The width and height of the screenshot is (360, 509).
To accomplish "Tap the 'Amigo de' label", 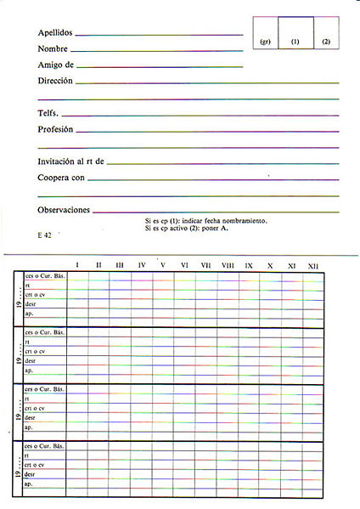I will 56,65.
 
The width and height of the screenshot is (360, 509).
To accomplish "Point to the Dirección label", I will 55,81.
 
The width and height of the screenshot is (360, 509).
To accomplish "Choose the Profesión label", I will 55,129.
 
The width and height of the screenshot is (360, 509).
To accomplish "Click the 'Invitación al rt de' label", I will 70,161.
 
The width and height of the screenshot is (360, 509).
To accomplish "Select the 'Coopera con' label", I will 61,178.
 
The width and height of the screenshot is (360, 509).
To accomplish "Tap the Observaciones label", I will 64,210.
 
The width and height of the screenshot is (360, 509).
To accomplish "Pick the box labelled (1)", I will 295,42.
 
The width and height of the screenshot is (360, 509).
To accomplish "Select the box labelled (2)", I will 325,42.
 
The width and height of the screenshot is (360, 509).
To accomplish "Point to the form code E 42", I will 45,234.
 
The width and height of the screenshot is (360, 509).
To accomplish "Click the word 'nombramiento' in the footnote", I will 247,221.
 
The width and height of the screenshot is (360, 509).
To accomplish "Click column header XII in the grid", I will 313,266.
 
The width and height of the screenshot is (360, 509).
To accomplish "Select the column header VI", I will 184,266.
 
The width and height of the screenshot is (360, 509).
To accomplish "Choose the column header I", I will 77,266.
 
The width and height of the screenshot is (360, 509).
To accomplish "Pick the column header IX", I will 249,266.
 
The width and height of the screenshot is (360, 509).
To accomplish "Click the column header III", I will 120,266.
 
